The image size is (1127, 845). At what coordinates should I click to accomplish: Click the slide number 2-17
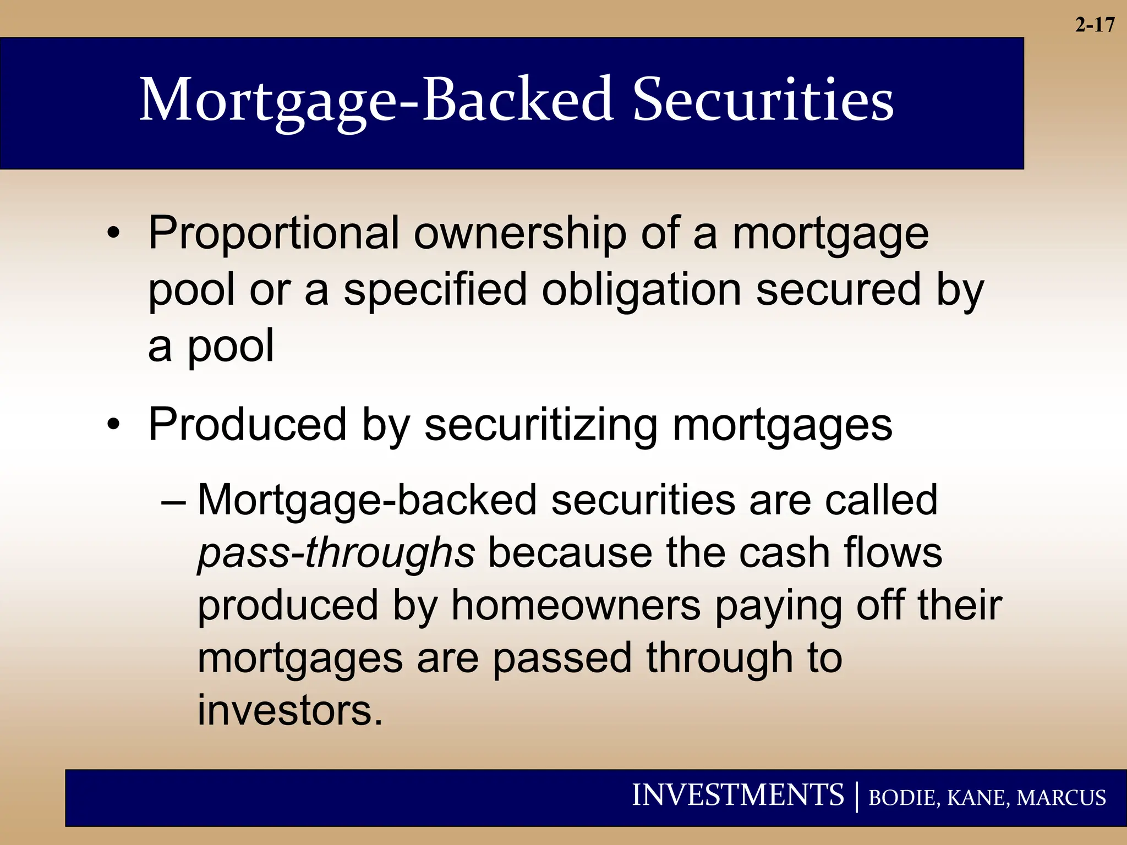click(x=1095, y=25)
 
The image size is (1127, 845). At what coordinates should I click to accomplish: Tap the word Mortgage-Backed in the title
click(x=376, y=101)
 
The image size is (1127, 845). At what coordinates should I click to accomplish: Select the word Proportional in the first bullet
click(x=273, y=233)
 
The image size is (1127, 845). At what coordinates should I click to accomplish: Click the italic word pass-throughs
click(x=336, y=553)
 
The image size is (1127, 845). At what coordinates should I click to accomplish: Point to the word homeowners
click(x=576, y=606)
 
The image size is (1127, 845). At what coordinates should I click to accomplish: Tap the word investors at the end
click(x=289, y=711)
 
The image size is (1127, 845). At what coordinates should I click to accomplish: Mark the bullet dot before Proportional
click(x=113, y=233)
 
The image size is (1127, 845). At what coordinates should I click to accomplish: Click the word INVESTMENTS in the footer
click(x=737, y=795)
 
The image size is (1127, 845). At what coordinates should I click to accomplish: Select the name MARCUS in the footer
click(x=1061, y=798)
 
